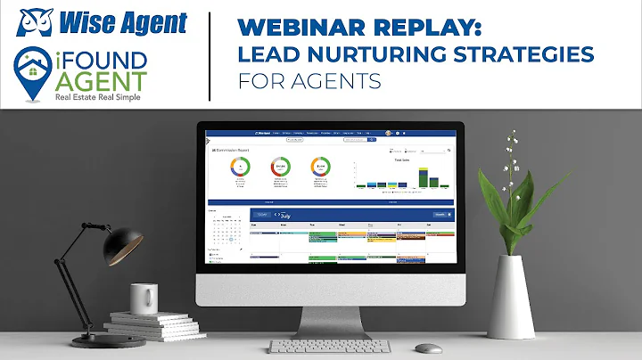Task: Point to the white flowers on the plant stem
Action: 512,151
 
